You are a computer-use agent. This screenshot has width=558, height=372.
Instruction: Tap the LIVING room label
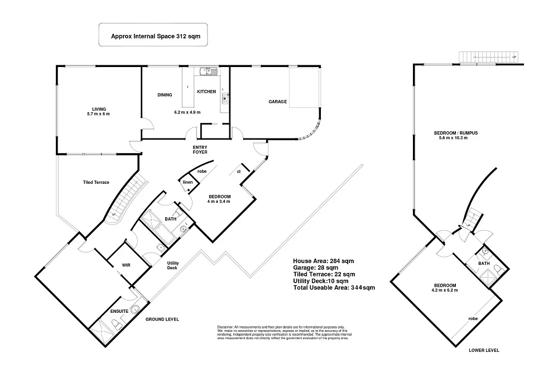tap(99, 108)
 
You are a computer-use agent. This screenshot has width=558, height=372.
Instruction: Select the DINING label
tap(165, 95)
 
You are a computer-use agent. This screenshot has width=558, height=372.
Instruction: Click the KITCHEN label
tap(206, 92)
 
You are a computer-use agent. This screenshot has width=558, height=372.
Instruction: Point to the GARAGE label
tap(277, 102)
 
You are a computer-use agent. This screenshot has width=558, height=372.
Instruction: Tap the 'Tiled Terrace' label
tap(96, 182)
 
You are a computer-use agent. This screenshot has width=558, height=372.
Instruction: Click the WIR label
tap(126, 266)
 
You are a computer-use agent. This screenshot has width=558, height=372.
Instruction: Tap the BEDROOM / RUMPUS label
tap(456, 132)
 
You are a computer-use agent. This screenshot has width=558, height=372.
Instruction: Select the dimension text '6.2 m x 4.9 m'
tap(187, 112)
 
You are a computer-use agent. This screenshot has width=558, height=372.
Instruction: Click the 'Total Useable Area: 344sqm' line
tap(334, 288)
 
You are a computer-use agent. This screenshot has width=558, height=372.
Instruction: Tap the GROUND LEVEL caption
tap(162, 319)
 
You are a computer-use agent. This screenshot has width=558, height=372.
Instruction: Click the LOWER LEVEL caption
tap(483, 351)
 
